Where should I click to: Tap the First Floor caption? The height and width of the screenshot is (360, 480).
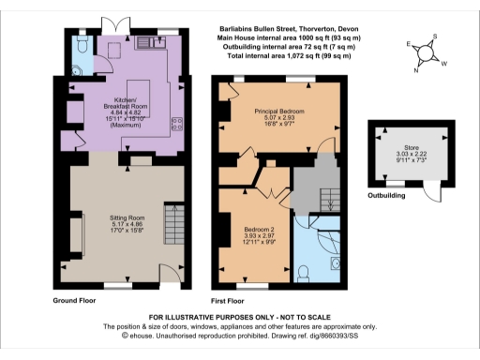pos(233,302)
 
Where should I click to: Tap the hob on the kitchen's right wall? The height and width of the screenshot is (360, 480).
pos(175,125)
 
